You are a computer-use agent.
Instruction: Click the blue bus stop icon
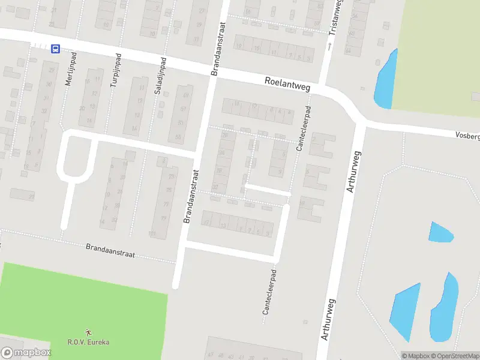(55, 49)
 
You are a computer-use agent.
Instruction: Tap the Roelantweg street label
(288, 84)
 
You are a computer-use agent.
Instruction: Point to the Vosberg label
(467, 136)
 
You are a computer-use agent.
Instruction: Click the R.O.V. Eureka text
(89, 343)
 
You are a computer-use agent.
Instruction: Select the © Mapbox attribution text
(415, 356)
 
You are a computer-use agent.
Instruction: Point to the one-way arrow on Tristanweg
(329, 46)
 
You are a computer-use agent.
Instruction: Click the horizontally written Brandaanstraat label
(110, 250)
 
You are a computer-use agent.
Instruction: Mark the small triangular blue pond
(440, 232)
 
